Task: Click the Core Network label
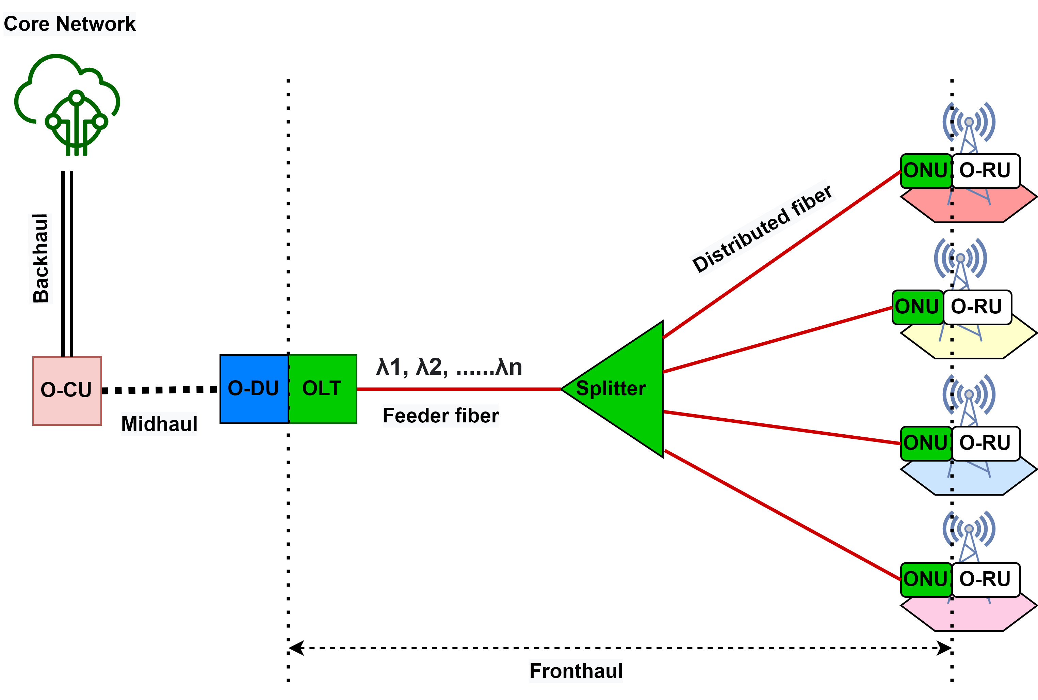[x=69, y=24]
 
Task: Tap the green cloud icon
[x=67, y=105]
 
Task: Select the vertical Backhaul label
[x=40, y=259]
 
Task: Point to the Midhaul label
[x=159, y=424]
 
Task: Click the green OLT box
[x=323, y=388]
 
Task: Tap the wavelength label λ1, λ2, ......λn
[x=449, y=367]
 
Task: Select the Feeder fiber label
[x=440, y=415]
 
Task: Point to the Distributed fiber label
[x=763, y=228]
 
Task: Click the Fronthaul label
[x=575, y=671]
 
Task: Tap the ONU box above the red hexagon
[x=926, y=171]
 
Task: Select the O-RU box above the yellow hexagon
[x=976, y=307]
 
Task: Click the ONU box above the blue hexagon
[x=926, y=443]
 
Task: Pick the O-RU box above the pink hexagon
[x=985, y=579]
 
